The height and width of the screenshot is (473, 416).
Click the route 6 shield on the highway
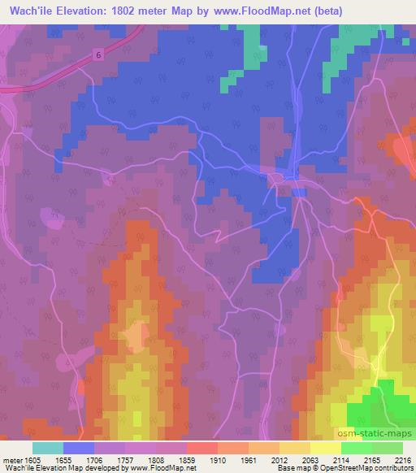click(x=99, y=54)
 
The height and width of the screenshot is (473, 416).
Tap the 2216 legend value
click(x=404, y=459)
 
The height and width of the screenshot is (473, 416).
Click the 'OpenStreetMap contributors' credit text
click(x=363, y=469)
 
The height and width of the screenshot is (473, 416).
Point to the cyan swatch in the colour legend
click(x=48, y=448)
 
